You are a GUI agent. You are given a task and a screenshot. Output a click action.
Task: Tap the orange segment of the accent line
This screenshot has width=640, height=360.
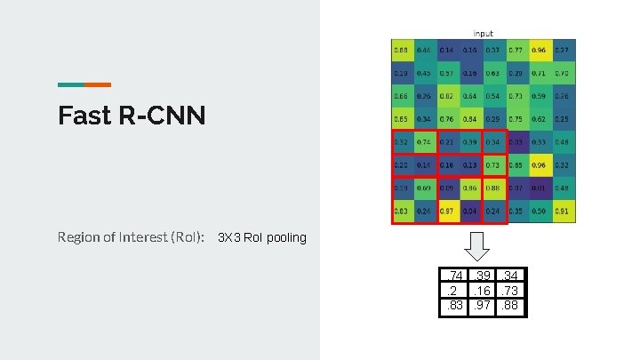(98, 84)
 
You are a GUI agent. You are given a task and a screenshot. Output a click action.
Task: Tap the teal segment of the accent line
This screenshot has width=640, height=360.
(71, 84)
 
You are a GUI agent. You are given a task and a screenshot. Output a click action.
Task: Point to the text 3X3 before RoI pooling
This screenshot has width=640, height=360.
(228, 237)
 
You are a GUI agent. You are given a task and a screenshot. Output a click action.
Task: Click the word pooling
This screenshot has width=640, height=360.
(286, 238)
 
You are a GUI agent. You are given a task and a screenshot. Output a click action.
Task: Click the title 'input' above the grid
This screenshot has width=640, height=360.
(484, 34)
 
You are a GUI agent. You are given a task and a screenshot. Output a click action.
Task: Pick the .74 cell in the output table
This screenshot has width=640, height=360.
(455, 277)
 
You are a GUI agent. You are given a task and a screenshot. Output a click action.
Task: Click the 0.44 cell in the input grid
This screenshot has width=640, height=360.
(423, 50)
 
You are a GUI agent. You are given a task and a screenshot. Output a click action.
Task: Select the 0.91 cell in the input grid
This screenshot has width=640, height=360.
(562, 212)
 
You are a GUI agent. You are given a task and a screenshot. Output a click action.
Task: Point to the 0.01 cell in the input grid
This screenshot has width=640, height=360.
(539, 188)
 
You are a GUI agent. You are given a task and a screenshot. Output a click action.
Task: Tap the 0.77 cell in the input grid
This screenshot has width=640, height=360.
(516, 50)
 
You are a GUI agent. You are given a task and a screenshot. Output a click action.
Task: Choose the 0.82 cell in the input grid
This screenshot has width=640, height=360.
(446, 96)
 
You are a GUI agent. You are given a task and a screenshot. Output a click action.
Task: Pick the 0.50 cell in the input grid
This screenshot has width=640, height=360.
(539, 212)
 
